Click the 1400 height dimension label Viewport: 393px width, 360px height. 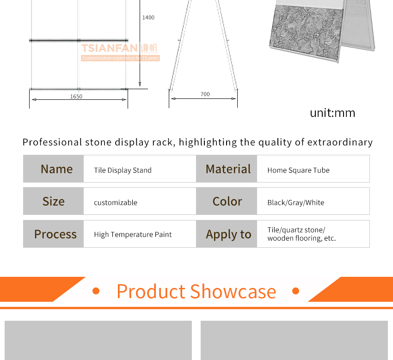pyautogui.click(x=148, y=18)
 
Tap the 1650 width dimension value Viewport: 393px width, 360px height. pyautogui.click(x=76, y=97)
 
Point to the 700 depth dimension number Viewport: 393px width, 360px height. pyautogui.click(x=205, y=94)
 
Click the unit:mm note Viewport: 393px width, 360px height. pyautogui.click(x=332, y=113)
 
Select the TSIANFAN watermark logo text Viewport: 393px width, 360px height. pyautogui.click(x=110, y=48)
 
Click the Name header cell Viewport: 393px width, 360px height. pyautogui.click(x=53, y=169)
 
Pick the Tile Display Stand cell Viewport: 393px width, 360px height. pyautogui.click(x=140, y=169)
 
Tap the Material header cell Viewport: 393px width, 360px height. pyautogui.click(x=227, y=169)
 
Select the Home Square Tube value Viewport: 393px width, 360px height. pyautogui.click(x=298, y=171)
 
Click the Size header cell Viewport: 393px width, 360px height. pyautogui.click(x=53, y=201)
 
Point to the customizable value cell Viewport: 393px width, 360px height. pyautogui.click(x=140, y=201)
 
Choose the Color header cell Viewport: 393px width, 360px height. pyautogui.click(x=227, y=201)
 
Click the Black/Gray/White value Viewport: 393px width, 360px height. pyautogui.click(x=296, y=202)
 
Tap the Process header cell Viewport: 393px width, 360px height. pyautogui.click(x=53, y=234)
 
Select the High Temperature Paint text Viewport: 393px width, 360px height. pyautogui.click(x=133, y=234)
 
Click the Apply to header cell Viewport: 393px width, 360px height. pyautogui.click(x=227, y=234)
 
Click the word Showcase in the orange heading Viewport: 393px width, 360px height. pyautogui.click(x=233, y=291)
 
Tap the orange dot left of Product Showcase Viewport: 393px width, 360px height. pyautogui.click(x=96, y=291)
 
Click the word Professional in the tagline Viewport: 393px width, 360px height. pyautogui.click(x=52, y=142)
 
